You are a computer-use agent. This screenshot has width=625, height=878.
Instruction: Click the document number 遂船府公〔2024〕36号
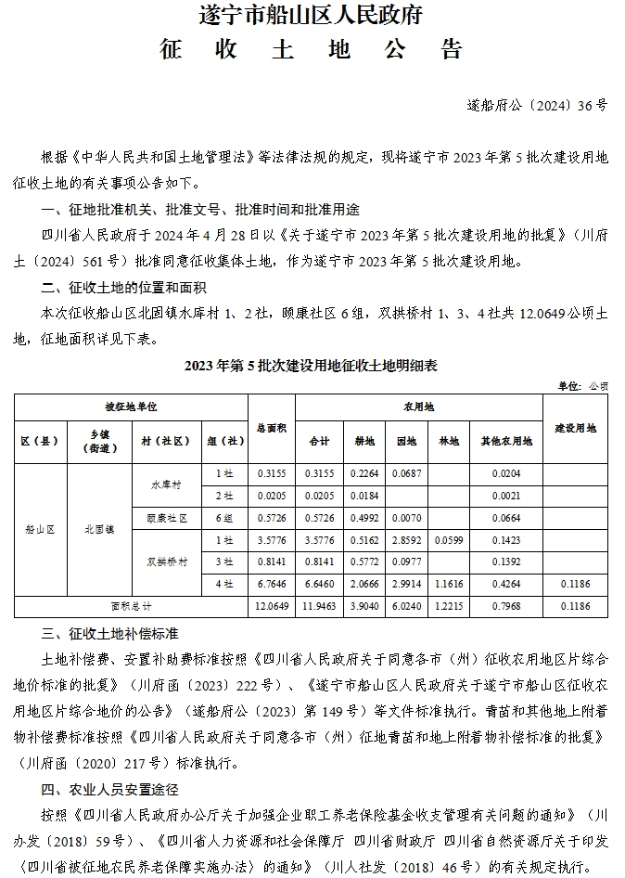[537, 106]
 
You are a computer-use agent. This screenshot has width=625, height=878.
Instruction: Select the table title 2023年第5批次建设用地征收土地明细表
[312, 366]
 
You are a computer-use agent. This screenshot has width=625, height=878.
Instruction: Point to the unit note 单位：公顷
[582, 385]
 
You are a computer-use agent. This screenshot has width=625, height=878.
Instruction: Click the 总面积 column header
[271, 428]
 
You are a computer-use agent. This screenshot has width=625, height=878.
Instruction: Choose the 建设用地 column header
[575, 428]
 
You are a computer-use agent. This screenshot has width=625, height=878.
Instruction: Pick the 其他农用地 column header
[505, 442]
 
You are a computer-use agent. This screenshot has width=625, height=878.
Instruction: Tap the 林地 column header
[449, 442]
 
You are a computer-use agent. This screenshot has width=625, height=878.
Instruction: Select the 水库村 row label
[165, 484]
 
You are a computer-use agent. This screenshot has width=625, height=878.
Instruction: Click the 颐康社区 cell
[165, 517]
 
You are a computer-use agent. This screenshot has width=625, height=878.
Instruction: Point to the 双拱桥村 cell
[165, 562]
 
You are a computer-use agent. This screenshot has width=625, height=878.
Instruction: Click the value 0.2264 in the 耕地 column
[364, 473]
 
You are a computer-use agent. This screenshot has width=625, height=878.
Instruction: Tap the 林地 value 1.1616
[449, 584]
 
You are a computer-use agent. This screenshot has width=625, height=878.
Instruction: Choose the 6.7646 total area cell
[271, 584]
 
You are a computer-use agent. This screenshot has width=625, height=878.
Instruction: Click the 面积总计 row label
[131, 606]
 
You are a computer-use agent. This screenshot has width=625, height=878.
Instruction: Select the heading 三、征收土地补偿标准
[109, 635]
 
